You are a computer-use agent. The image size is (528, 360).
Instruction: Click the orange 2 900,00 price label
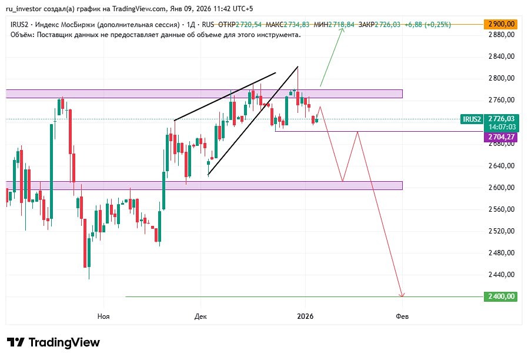coord(500,24)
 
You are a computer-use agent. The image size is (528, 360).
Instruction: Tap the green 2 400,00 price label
coord(500,296)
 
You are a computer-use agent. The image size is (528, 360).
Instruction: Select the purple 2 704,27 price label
coord(500,136)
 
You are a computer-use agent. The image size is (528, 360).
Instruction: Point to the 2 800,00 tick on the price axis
coord(502,78)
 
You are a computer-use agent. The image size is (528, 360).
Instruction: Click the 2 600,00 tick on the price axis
coord(502,188)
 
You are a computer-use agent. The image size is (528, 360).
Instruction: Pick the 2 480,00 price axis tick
coord(502,253)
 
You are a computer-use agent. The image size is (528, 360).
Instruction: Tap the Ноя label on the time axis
coord(103,316)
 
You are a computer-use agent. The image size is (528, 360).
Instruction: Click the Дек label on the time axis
coord(200,316)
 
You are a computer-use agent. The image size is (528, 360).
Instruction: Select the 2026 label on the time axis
coord(305,316)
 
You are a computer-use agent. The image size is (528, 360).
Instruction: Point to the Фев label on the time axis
coord(402,316)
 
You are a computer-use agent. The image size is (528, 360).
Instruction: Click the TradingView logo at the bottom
coord(54,342)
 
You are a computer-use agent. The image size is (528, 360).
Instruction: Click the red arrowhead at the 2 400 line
coord(402,294)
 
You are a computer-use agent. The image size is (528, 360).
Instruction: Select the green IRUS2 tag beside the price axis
coord(472,119)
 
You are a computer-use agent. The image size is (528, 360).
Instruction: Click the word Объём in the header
coord(22,35)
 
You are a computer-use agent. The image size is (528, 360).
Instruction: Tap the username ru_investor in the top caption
coord(28,9)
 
